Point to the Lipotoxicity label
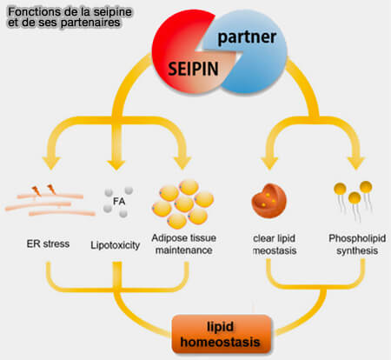115,246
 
